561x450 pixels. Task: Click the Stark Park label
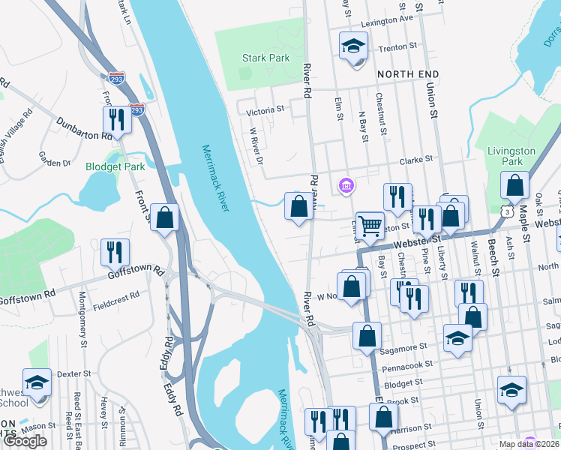coord(265,58)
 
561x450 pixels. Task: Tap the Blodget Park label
coord(115,166)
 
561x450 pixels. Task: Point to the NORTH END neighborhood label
coord(407,74)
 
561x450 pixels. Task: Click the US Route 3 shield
coord(508,212)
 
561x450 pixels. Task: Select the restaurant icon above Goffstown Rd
coord(115,252)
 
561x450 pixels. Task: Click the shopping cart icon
coord(370,224)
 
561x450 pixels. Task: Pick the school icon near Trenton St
coord(352,46)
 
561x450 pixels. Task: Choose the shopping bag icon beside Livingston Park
coord(515,184)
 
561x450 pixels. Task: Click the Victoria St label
coord(265,110)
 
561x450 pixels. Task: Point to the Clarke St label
coord(417,159)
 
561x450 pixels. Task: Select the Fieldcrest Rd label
coord(116,296)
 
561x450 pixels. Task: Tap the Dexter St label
coord(73,373)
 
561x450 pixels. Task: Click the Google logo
coord(25,441)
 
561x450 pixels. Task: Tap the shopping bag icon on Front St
coord(164,217)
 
